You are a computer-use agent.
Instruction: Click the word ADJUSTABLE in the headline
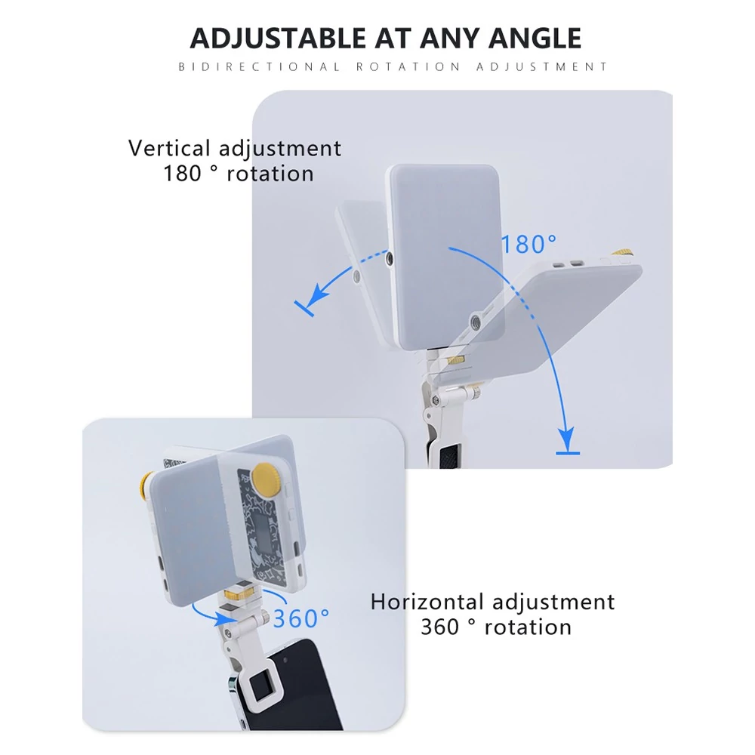(278, 38)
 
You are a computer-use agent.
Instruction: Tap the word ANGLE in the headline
(535, 38)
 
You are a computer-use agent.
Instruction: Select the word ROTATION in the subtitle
(408, 66)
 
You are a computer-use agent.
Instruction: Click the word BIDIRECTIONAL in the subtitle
(259, 66)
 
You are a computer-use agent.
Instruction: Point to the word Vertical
(169, 148)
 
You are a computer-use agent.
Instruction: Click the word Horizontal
(427, 602)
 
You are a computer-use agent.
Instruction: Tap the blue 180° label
(528, 244)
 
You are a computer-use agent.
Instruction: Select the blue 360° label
(301, 618)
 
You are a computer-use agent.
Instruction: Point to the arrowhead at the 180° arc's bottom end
(568, 437)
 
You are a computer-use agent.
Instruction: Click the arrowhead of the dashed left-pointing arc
(314, 296)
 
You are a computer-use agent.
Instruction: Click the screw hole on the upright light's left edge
(389, 260)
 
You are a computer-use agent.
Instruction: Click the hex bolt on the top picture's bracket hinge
(436, 400)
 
